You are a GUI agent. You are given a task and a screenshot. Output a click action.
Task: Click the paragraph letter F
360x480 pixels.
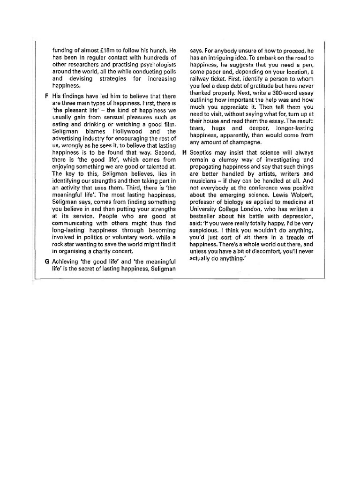[47, 96]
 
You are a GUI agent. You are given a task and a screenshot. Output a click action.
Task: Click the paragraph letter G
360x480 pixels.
[47, 261]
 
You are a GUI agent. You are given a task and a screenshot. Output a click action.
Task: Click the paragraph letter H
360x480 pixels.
[184, 153]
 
